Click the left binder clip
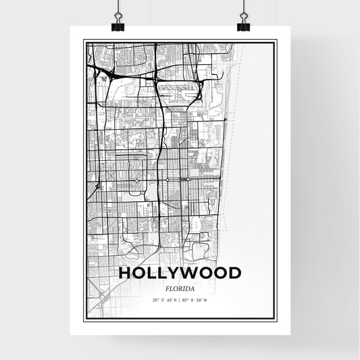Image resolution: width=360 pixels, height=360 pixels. click(118, 26)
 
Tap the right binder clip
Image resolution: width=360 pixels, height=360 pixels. click(243, 26)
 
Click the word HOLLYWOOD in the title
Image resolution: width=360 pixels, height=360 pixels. click(180, 274)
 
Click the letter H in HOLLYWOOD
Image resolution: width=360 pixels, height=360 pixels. click(125, 274)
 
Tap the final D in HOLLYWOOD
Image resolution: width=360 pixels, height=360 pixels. click(234, 274)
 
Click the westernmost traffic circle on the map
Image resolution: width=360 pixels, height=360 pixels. click(138, 180)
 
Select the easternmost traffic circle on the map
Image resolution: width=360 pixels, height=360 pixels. click(188, 180)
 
